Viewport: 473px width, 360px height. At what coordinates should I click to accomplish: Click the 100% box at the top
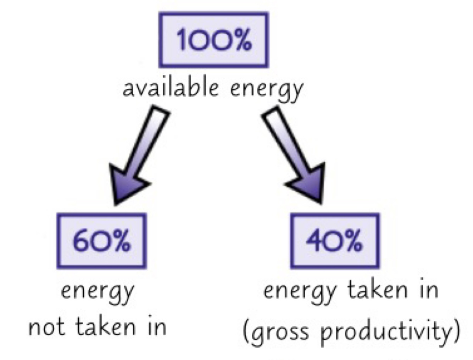[x=213, y=40]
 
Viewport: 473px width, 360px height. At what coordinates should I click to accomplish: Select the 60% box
[x=101, y=241]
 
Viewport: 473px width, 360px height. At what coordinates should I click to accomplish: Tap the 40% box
[x=335, y=241]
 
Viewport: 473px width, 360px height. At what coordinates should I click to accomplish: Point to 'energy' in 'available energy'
[x=267, y=89]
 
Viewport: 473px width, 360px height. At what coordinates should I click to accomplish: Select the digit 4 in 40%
[x=314, y=241]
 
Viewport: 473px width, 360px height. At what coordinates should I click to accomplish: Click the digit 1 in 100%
[x=181, y=40]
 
